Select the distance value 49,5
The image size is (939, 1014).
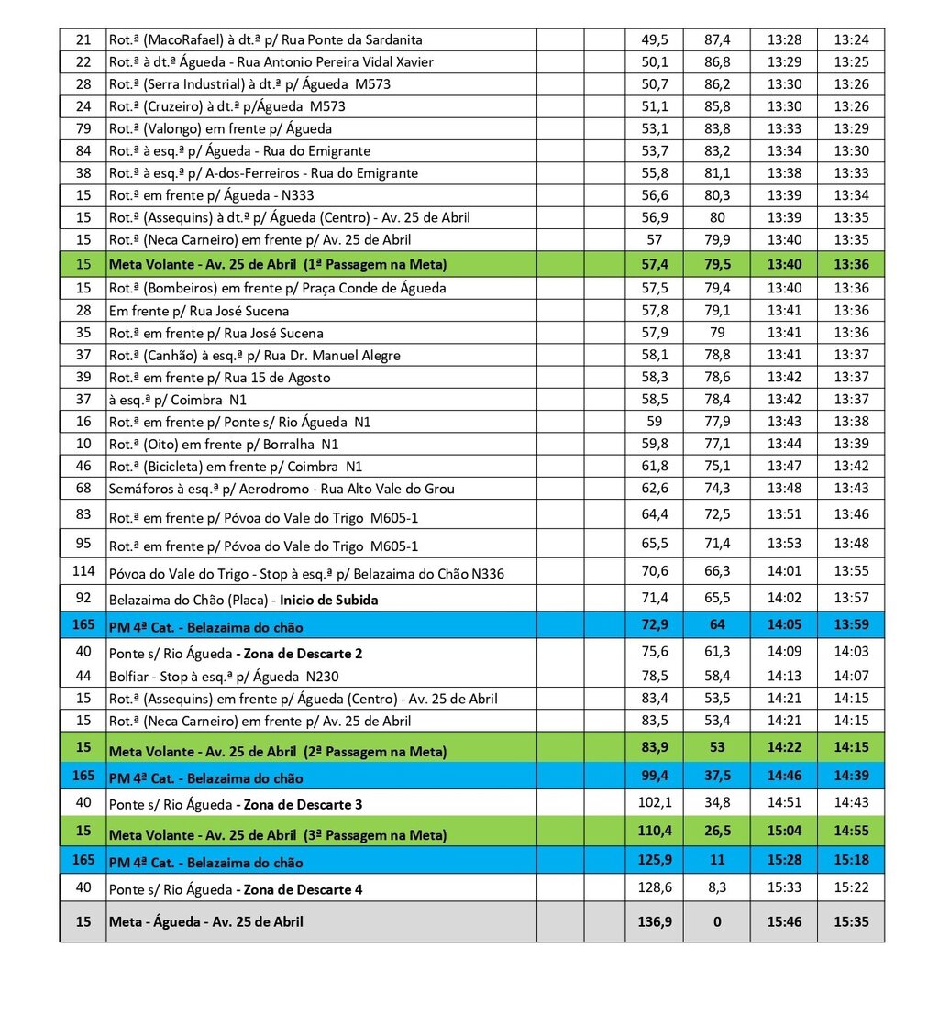655,39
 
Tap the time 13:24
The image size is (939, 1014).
850,39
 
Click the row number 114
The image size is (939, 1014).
83,571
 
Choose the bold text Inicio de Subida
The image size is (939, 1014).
328,601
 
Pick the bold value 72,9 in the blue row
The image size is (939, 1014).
655,626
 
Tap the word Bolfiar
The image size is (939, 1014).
129,676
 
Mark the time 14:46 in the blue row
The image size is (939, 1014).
783,776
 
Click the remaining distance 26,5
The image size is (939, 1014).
717,833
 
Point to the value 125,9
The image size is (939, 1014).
655,861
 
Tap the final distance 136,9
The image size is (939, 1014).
655,921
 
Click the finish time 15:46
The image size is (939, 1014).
783,921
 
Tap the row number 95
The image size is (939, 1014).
83,543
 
